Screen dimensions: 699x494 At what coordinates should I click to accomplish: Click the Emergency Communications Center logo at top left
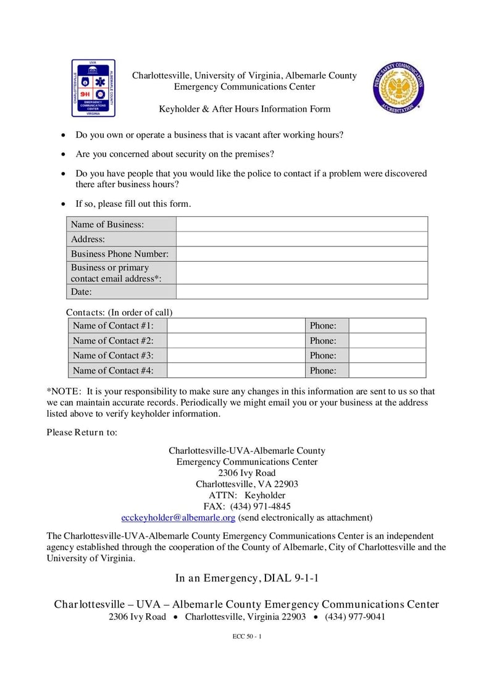(93, 88)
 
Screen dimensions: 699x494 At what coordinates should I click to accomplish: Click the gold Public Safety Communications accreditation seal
(398, 88)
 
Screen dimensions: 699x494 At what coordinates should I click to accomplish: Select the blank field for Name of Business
(301, 224)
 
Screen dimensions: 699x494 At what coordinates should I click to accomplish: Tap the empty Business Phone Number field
(301, 254)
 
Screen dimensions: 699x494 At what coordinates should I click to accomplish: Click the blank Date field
(301, 291)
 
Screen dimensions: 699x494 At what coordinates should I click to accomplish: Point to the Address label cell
(121, 239)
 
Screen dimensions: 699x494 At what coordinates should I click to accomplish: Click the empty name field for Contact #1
(236, 325)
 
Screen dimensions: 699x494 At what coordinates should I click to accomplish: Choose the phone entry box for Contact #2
(387, 340)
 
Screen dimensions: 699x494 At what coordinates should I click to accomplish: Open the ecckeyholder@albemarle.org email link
(178, 517)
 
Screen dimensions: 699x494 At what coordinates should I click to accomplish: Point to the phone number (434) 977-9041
(354, 617)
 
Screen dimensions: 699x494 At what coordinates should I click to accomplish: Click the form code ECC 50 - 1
(247, 637)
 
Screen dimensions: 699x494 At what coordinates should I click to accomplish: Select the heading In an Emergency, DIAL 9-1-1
(247, 579)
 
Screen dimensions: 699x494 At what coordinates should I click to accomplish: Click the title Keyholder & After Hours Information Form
(245, 109)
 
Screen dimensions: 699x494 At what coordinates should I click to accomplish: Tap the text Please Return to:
(82, 432)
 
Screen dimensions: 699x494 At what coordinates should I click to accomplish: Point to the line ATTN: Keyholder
(247, 495)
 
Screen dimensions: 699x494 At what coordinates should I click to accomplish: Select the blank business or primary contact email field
(301, 272)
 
